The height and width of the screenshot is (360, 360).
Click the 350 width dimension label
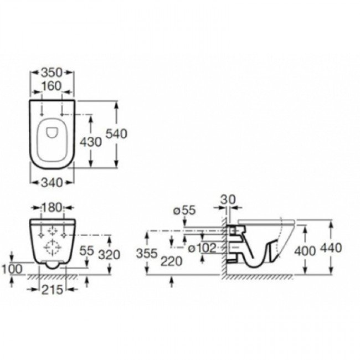(x=52, y=73)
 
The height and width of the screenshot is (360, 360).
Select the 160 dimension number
(x=52, y=86)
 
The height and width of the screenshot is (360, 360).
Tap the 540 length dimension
(x=116, y=134)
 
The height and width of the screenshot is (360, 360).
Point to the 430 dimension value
(x=91, y=142)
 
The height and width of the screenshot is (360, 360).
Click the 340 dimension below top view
(x=52, y=183)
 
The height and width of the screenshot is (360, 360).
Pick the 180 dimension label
(x=52, y=208)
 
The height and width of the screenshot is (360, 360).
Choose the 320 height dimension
(x=109, y=255)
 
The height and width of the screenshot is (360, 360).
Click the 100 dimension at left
(x=12, y=269)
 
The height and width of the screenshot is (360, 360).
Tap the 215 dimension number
(x=52, y=290)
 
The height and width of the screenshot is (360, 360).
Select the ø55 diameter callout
(x=184, y=210)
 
